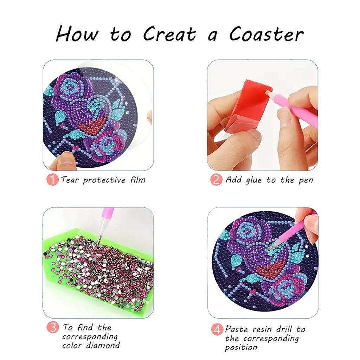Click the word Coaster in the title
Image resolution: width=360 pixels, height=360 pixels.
click(266, 34)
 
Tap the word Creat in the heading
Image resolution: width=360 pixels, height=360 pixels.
click(170, 34)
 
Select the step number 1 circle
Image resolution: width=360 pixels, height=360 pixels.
click(52, 180)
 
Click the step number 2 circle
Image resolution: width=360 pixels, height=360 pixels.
click(216, 180)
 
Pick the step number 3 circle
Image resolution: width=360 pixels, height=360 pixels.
click(53, 327)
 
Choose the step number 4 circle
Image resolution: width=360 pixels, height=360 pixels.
click(217, 330)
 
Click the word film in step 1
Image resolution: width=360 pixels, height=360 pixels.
click(138, 180)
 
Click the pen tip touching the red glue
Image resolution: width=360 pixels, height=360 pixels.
click(268, 92)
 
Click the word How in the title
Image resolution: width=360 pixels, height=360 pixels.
click(77, 34)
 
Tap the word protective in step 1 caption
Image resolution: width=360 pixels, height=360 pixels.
click(104, 180)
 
